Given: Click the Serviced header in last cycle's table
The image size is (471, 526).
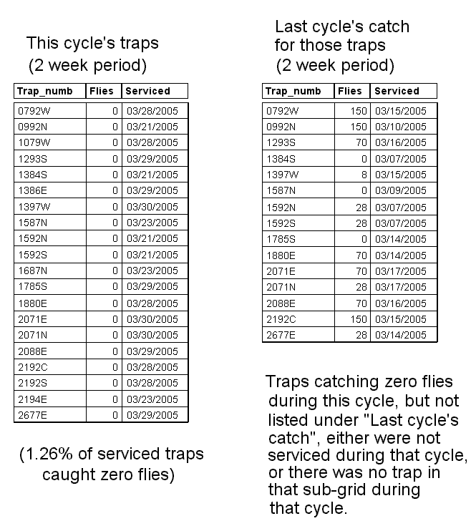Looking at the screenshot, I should coord(397,91).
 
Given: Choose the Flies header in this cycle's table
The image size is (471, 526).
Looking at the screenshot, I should coord(101,91).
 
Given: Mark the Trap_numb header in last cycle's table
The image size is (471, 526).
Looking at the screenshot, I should coord(293,91).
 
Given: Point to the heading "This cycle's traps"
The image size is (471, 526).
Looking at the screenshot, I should coord(92,43).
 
